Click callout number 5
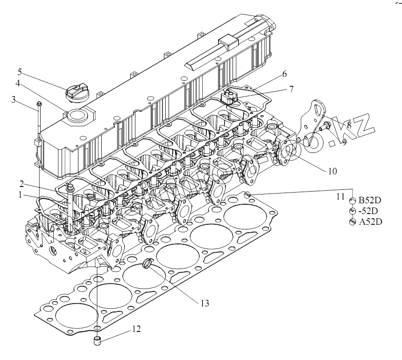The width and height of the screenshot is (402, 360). click(20, 72)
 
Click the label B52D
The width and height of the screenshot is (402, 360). click(370, 201)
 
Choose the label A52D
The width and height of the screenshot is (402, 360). click(370, 222)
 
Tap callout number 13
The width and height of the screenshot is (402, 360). click(204, 303)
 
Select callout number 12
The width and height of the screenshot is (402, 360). click(135, 329)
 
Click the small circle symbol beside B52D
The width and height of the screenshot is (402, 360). click(353, 201)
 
